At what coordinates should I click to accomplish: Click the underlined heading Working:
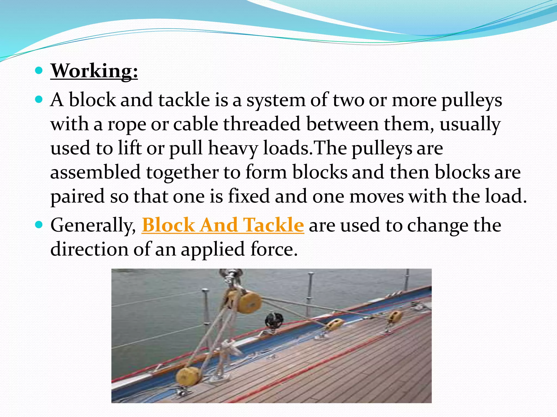[94, 71]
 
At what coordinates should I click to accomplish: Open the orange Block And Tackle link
[223, 225]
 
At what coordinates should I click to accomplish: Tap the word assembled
[95, 172]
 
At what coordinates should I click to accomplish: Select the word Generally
[93, 226]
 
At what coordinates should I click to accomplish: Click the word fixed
[249, 196]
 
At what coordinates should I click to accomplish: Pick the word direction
[89, 249]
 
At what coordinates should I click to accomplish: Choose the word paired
[78, 197]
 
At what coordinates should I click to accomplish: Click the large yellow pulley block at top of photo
[249, 301]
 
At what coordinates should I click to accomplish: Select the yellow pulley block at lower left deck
[187, 376]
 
